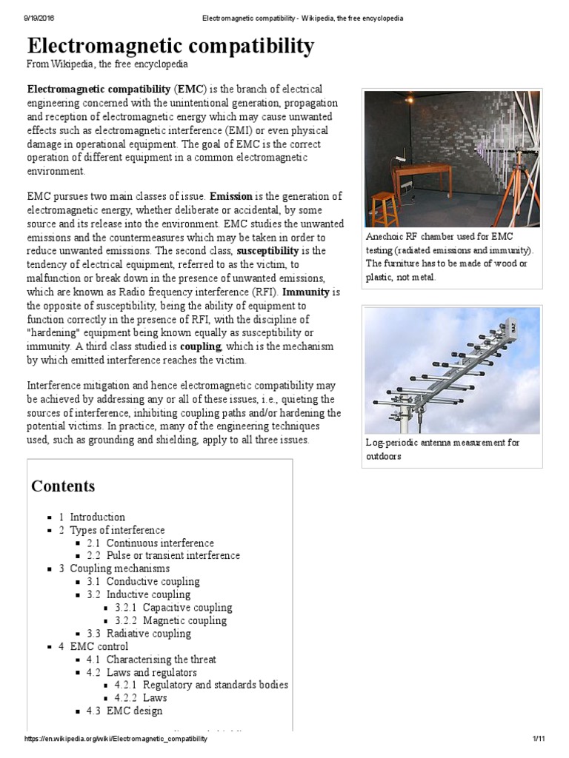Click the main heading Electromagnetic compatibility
170,47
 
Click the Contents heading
63,486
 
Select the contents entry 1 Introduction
97,517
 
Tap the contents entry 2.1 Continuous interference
160,543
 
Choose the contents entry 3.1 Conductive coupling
153,581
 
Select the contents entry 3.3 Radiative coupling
148,633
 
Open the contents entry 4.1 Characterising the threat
161,659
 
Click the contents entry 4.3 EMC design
134,711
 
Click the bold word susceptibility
270,250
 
